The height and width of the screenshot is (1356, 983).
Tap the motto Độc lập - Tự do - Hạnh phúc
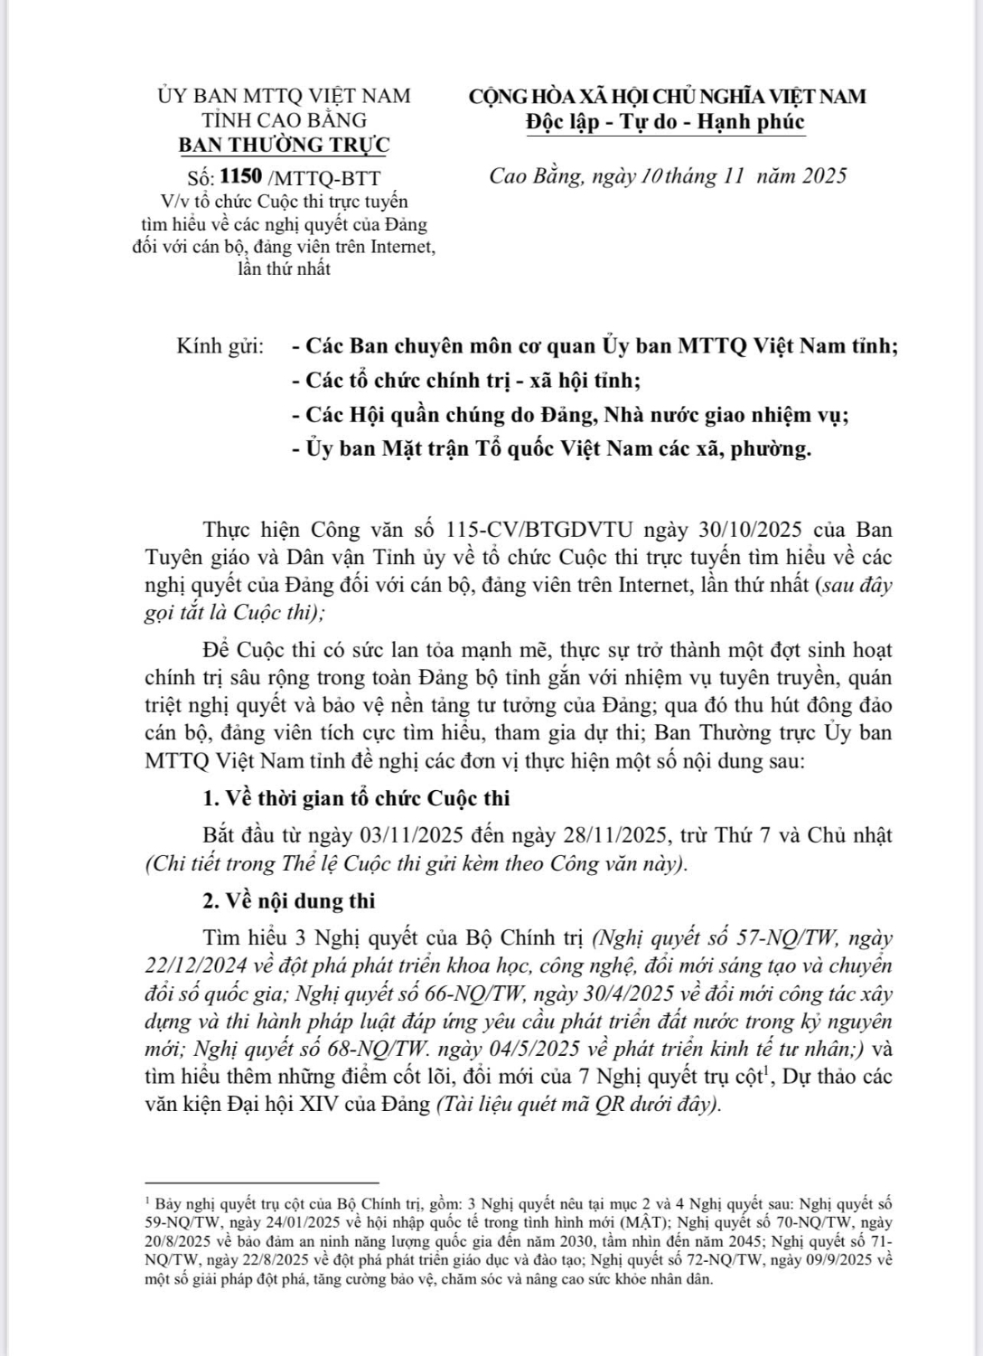[x=666, y=122]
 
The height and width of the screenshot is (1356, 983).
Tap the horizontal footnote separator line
[x=261, y=1182]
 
